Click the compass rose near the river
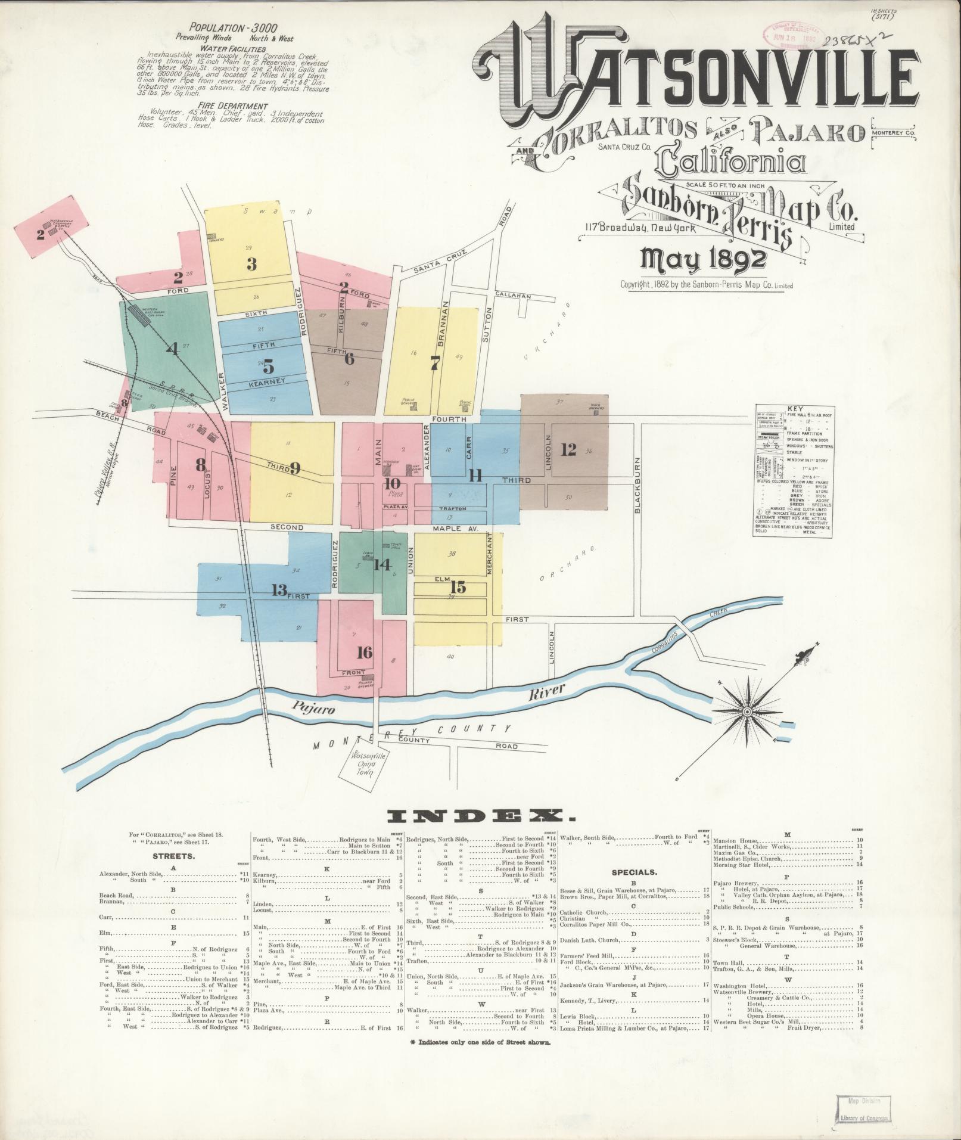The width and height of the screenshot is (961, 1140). click(x=747, y=712)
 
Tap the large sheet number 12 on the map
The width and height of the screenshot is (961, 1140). click(x=569, y=450)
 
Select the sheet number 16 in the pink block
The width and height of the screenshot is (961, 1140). click(x=364, y=652)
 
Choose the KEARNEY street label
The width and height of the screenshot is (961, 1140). click(x=269, y=382)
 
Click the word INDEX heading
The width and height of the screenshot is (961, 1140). click(x=481, y=815)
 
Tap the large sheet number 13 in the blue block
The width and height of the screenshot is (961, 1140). click(x=279, y=591)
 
